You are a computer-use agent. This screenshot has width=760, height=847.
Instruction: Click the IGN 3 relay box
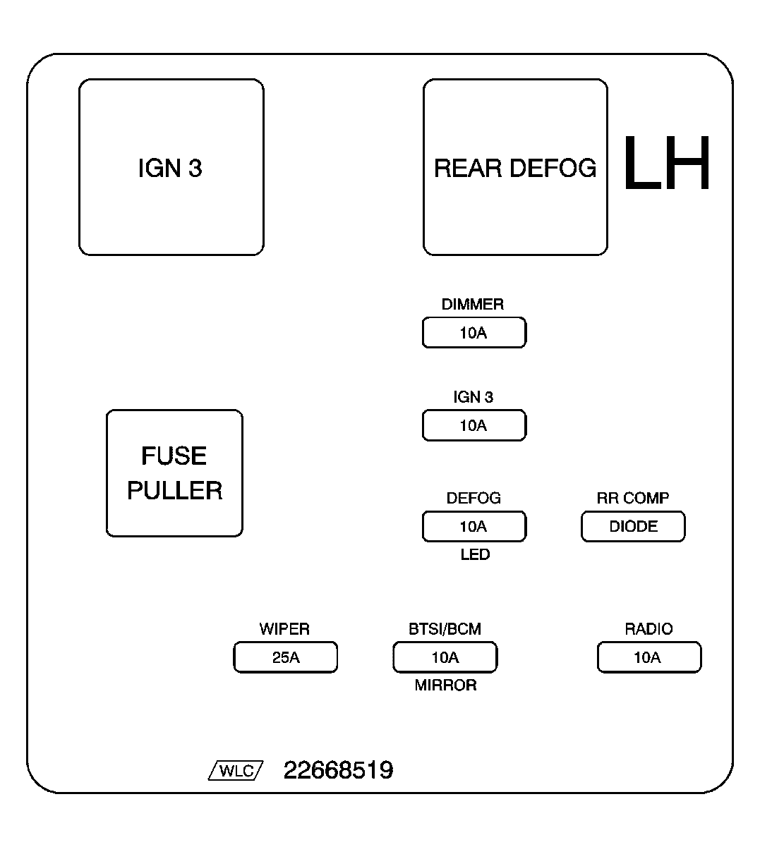click(171, 167)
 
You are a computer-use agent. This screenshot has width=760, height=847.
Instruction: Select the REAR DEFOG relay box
click(515, 167)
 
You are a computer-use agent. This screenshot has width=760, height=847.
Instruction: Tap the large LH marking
click(666, 163)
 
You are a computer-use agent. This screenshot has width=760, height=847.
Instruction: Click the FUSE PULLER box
click(174, 473)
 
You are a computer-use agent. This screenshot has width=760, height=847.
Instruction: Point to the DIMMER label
click(473, 304)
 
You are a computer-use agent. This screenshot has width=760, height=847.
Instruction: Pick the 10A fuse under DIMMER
click(474, 332)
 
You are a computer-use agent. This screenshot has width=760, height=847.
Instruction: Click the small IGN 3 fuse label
click(473, 397)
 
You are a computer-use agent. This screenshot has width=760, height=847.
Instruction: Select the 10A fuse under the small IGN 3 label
click(474, 425)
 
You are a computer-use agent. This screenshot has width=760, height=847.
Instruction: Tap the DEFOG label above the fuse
click(474, 498)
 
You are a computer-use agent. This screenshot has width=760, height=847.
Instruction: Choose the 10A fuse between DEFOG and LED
click(474, 526)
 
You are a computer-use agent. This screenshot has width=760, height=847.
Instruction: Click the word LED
click(475, 554)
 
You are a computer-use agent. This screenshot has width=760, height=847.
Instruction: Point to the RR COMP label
click(632, 498)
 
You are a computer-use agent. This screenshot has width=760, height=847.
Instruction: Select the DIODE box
click(633, 526)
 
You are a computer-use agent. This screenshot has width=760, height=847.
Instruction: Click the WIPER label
click(284, 629)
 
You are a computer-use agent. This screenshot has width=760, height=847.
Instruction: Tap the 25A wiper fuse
click(285, 657)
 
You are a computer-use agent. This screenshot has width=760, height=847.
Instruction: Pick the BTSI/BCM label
click(445, 629)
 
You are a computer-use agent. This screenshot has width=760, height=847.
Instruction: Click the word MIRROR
click(445, 685)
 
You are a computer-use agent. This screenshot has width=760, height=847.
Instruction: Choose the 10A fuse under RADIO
click(649, 657)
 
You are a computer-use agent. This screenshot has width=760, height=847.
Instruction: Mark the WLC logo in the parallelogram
click(236, 771)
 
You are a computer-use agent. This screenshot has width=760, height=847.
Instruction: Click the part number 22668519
click(339, 770)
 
